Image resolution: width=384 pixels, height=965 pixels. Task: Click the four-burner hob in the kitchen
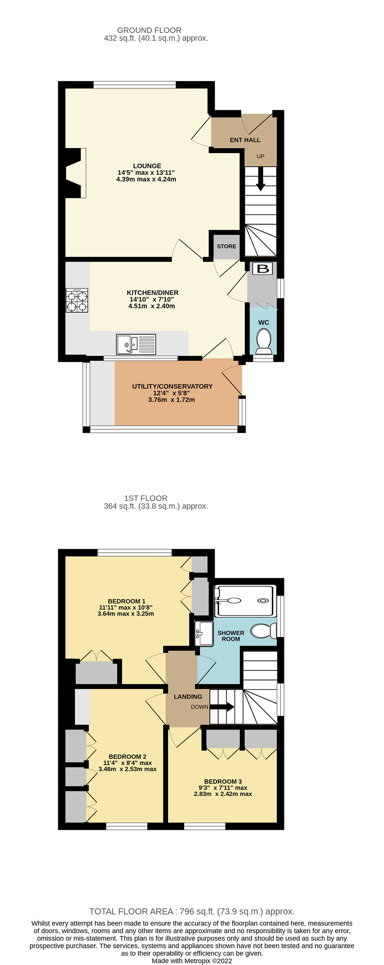pyautogui.click(x=77, y=300)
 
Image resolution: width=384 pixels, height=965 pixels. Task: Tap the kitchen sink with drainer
pyautogui.click(x=136, y=344)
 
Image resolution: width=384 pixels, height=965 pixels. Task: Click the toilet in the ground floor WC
pyautogui.click(x=264, y=341)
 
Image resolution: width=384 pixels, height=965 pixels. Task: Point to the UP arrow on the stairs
pyautogui.click(x=261, y=179)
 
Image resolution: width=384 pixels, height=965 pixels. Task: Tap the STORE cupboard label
pyautogui.click(x=227, y=246)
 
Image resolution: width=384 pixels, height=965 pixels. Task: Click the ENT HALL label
pyautogui.click(x=245, y=140)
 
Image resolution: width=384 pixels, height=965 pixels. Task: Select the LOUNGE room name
pyautogui.click(x=147, y=166)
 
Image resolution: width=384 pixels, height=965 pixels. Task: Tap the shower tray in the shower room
pyautogui.click(x=245, y=601)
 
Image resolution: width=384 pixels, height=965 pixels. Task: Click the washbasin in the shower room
pyautogui.click(x=204, y=633)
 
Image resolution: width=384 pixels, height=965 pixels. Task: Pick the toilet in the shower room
pyautogui.click(x=263, y=631)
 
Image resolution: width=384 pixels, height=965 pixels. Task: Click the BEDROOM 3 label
pyautogui.click(x=223, y=781)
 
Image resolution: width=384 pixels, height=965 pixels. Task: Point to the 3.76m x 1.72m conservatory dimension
pyautogui.click(x=171, y=400)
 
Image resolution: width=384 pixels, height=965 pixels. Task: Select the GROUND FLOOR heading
pyautogui.click(x=149, y=30)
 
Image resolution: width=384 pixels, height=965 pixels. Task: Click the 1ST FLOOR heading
pyautogui.click(x=146, y=498)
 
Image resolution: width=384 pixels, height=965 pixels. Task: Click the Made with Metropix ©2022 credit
pyautogui.click(x=192, y=960)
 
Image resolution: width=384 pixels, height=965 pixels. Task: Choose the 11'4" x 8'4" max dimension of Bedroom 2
pyautogui.click(x=127, y=763)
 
